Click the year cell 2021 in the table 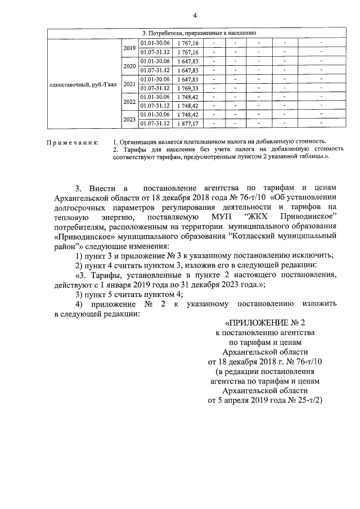[x=129, y=84]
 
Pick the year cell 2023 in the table [x=129, y=119]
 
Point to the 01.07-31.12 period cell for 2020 [x=155, y=70]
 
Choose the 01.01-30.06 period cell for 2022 [x=155, y=97]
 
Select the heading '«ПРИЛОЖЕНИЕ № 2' [x=264, y=322]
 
